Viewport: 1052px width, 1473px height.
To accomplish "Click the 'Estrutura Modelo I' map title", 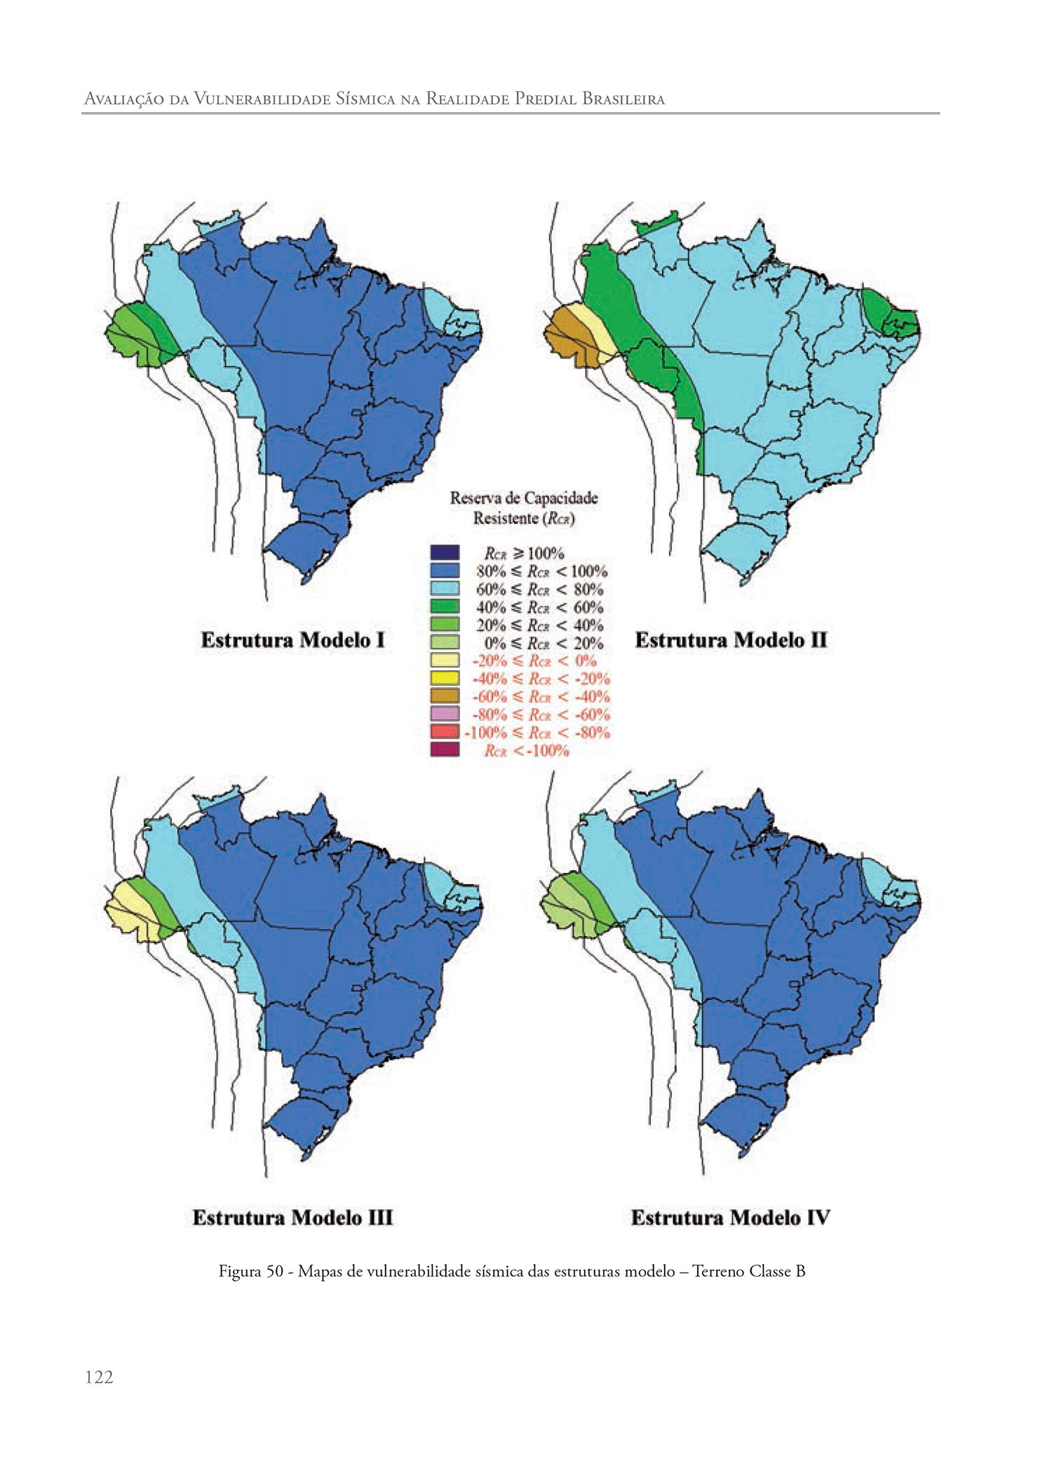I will tap(292, 640).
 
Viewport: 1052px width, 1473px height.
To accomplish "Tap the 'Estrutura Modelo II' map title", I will tap(731, 640).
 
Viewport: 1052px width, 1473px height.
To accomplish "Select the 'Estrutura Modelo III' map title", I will tap(292, 1217).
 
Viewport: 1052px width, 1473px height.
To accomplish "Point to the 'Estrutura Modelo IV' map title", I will tap(730, 1217).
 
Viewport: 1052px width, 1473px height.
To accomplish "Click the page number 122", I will tap(99, 1378).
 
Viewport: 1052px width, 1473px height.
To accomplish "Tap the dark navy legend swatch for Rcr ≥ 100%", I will tap(445, 553).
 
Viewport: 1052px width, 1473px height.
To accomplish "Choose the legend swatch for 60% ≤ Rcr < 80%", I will tap(445, 589).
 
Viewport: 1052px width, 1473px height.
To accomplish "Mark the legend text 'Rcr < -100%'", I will tap(526, 751).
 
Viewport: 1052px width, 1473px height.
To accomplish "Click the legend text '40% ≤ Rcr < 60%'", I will tap(540, 607).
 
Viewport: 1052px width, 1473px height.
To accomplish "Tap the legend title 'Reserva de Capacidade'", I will tap(524, 498).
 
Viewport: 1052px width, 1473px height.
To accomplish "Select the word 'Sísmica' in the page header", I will tap(365, 99).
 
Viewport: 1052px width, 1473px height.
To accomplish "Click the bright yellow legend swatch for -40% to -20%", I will tap(445, 679).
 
